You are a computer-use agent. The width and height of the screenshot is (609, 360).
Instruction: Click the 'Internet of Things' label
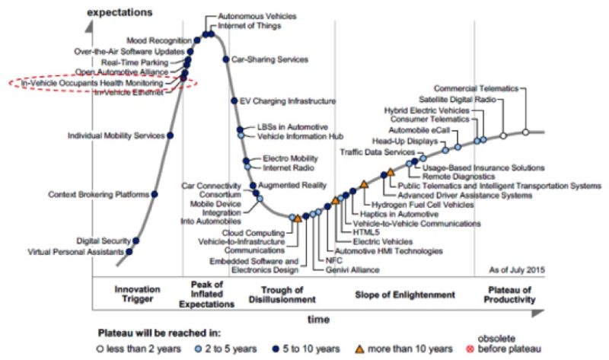click(x=249, y=25)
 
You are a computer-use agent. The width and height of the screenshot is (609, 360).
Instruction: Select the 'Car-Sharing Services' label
click(x=269, y=59)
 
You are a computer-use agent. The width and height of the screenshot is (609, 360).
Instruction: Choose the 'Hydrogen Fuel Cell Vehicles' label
click(x=421, y=205)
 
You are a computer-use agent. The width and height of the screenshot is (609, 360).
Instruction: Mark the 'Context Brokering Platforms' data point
click(x=155, y=195)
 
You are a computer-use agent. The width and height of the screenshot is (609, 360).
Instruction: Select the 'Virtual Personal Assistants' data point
click(x=129, y=251)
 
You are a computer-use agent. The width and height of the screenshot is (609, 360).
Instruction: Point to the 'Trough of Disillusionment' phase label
click(x=282, y=295)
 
